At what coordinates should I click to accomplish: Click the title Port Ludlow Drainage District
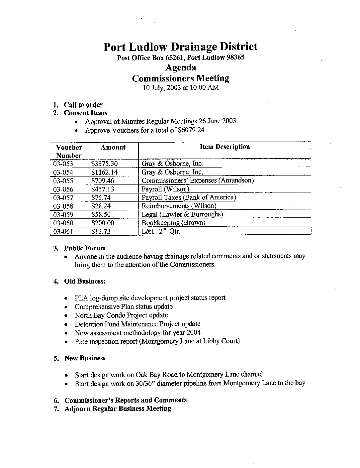(x=180, y=47)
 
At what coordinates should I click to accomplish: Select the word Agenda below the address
(x=180, y=67)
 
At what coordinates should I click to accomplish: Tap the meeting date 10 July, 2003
(x=159, y=88)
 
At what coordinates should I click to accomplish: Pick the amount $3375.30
(x=104, y=164)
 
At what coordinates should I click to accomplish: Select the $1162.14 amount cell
(x=104, y=172)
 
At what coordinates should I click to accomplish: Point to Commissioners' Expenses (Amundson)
(x=198, y=180)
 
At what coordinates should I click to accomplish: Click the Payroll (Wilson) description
(x=165, y=189)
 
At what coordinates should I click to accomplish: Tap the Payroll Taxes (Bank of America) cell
(x=189, y=197)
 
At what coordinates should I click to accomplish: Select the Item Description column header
(x=225, y=147)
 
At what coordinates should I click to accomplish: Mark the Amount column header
(x=113, y=147)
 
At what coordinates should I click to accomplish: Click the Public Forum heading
(x=85, y=248)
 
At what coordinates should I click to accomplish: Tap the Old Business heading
(x=85, y=281)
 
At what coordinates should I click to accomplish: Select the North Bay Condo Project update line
(x=121, y=315)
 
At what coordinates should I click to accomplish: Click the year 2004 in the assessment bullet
(x=193, y=332)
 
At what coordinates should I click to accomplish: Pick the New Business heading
(x=85, y=358)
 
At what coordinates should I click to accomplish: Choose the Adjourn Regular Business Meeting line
(x=118, y=409)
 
